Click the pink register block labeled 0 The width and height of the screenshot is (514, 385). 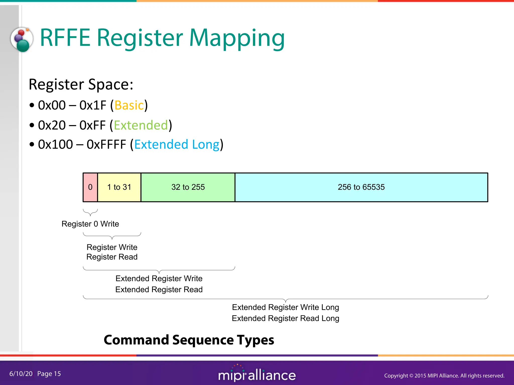click(x=90, y=187)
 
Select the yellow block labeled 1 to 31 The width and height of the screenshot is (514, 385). click(x=119, y=187)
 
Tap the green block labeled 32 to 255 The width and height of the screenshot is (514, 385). click(x=188, y=187)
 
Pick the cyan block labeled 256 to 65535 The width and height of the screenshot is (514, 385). click(x=361, y=187)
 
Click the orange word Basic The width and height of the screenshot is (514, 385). click(x=129, y=105)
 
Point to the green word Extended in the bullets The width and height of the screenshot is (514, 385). click(x=141, y=125)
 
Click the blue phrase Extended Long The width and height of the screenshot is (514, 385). click(x=177, y=145)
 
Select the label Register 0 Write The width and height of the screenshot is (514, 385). click(x=90, y=224)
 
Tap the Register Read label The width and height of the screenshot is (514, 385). click(x=112, y=257)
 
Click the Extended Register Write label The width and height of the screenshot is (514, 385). click(x=159, y=278)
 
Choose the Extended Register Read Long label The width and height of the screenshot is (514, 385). click(x=285, y=318)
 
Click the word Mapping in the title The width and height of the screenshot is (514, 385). click(x=237, y=38)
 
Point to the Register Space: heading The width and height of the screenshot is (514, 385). click(x=81, y=84)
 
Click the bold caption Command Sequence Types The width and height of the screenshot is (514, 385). click(x=189, y=340)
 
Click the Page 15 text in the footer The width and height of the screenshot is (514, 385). click(x=49, y=374)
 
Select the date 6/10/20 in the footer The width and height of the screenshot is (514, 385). click(x=21, y=374)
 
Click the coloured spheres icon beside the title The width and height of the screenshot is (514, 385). click(x=22, y=39)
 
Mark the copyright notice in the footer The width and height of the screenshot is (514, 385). click(x=444, y=375)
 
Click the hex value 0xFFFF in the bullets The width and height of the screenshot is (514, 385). click(x=106, y=145)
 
